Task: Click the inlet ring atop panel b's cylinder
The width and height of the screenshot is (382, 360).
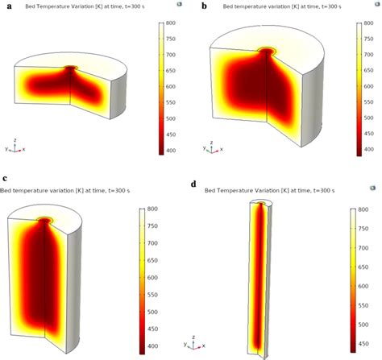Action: pyautogui.click(x=267, y=52)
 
